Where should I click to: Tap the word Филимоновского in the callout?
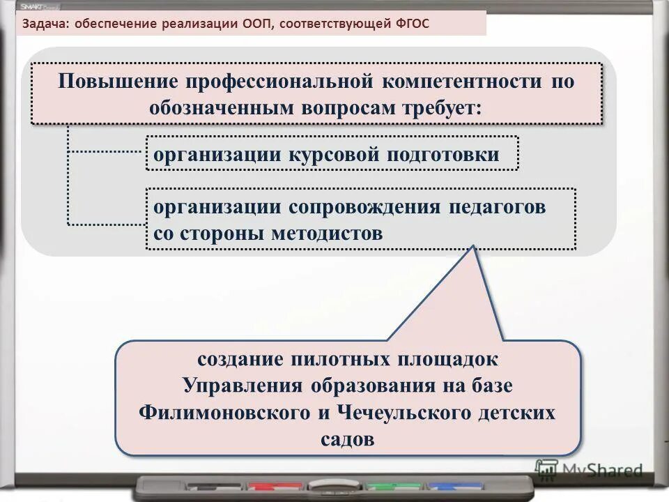224,412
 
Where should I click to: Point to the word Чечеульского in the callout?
407,412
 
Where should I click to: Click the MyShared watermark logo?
590,471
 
